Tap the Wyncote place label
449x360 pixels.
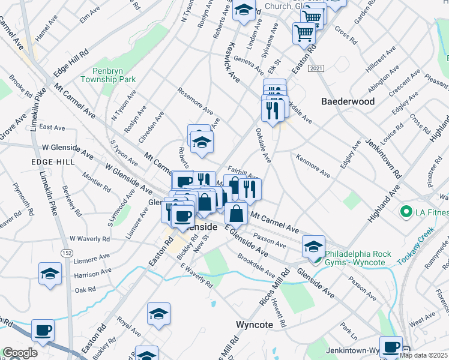click(262, 324)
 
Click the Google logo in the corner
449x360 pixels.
click(20, 353)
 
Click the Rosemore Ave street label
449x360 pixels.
click(195, 102)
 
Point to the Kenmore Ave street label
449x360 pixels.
click(312, 166)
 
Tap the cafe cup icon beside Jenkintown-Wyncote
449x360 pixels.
click(391, 346)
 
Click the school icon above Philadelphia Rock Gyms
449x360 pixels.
click(313, 246)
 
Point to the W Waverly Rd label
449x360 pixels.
click(89, 239)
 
